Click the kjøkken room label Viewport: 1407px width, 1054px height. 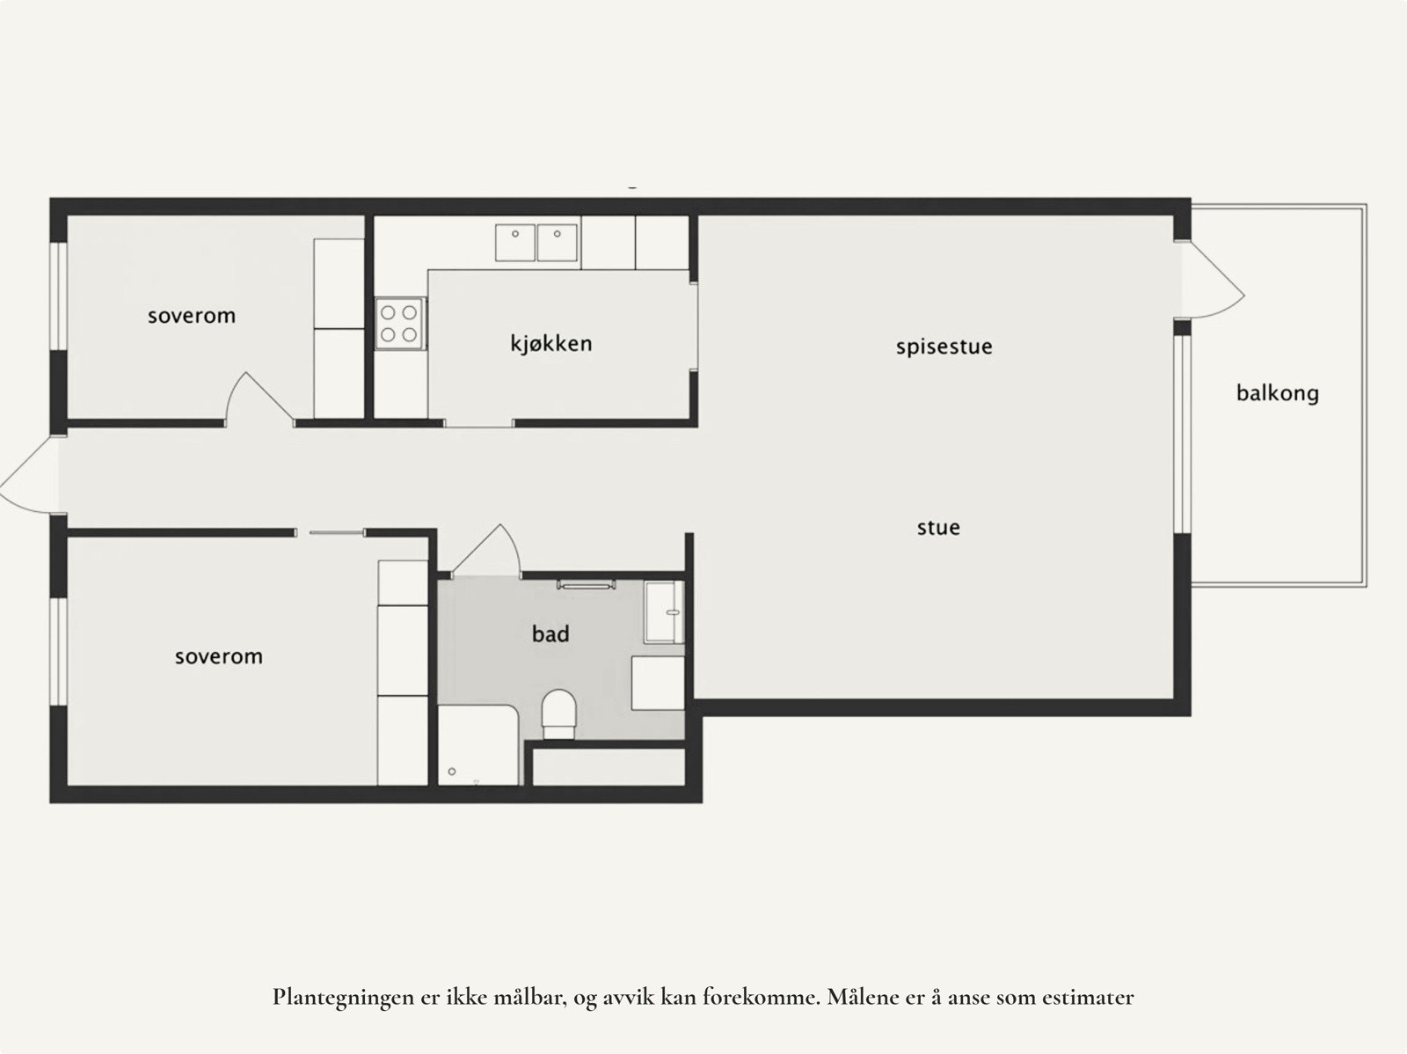point(551,343)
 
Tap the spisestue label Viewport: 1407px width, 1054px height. point(944,347)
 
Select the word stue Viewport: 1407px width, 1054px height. point(938,528)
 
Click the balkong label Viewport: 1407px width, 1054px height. point(1277,392)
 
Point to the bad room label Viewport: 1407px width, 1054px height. point(550,633)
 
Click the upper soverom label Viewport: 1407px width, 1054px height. point(192,315)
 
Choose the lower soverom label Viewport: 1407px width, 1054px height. point(218,656)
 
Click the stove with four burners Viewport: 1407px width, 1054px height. point(400,323)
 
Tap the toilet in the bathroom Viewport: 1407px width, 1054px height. point(558,713)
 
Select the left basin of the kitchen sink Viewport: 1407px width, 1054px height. point(515,242)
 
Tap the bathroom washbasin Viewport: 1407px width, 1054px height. point(664,611)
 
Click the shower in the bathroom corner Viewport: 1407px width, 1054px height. point(478,744)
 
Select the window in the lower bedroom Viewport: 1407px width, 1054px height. point(58,651)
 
